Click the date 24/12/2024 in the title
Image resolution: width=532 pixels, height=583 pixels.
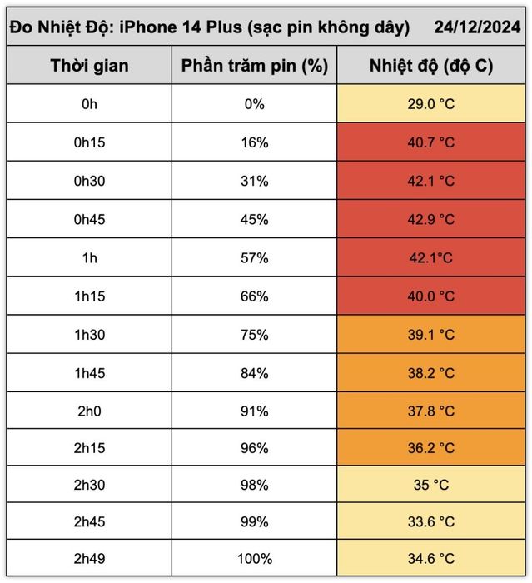[477, 27]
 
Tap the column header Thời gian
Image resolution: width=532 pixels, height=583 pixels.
[90, 66]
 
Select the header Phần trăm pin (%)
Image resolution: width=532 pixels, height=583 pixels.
[255, 66]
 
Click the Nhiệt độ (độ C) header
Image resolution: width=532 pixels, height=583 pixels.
[431, 66]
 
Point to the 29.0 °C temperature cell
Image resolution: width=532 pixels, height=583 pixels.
[431, 104]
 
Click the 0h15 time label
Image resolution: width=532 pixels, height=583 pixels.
[90, 142]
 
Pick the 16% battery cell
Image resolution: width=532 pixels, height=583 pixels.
[255, 142]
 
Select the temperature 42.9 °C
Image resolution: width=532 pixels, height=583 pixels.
[431, 219]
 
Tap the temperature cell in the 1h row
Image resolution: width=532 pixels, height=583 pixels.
[431, 257]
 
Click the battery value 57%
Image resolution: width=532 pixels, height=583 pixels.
[255, 257]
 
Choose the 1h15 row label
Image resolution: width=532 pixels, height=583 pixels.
[90, 296]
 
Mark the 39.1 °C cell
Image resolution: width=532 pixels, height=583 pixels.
[431, 335]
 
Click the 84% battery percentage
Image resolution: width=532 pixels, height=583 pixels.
[255, 373]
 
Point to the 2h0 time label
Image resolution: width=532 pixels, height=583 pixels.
[89, 411]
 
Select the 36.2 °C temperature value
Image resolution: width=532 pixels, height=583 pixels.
[431, 448]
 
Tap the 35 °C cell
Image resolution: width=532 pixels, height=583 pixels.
[431, 485]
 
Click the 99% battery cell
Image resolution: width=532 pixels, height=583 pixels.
[255, 521]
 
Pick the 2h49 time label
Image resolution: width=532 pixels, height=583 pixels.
[90, 559]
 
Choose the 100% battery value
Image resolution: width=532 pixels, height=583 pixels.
[255, 559]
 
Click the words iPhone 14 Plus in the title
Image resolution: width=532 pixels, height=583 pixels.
[181, 27]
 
